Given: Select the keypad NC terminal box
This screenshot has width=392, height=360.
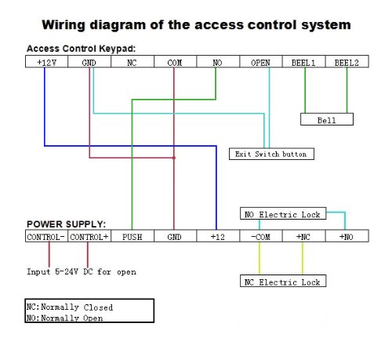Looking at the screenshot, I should (132, 61).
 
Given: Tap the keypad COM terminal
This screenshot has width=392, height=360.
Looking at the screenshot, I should (174, 61).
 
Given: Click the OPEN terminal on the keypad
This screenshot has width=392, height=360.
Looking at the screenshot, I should (260, 61).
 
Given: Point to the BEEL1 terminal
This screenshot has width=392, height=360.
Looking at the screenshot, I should (303, 61).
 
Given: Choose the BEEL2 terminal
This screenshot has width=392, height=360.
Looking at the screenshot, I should (346, 61).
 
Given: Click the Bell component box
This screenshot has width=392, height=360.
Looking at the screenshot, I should (326, 120).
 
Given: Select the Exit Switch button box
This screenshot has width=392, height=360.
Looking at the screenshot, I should (271, 154).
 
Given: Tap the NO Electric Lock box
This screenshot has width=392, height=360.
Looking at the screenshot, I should (282, 213).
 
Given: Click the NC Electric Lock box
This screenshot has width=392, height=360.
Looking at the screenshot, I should (282, 281).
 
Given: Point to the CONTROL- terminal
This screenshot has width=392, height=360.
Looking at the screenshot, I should (45, 236).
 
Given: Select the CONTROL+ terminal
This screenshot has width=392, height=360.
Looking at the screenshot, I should (89, 236).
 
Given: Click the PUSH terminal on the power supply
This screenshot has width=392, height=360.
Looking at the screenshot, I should (132, 236).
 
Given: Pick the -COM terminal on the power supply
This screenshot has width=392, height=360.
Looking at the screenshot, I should (260, 236).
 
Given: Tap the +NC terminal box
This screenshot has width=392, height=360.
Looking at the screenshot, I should (303, 236).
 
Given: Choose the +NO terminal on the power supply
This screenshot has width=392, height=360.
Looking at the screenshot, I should (346, 236).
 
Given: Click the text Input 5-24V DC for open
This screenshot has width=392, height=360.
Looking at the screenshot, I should (82, 271).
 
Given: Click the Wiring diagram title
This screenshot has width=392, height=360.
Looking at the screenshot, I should (196, 25).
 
